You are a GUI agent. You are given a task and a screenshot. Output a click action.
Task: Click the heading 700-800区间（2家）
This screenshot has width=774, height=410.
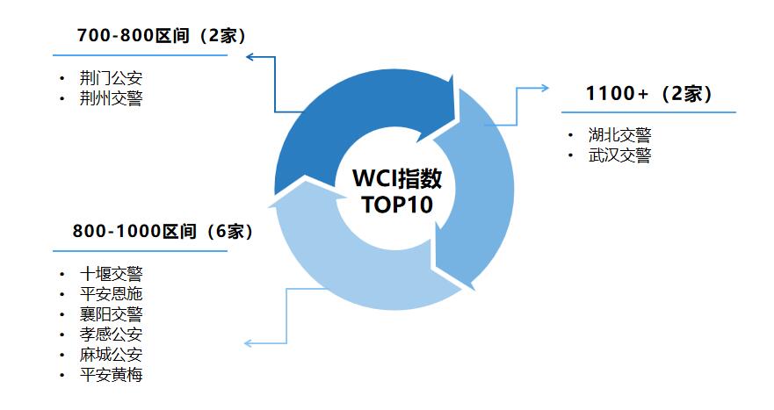click(x=162, y=36)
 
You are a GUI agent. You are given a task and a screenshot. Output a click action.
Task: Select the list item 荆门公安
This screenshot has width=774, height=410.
click(x=111, y=78)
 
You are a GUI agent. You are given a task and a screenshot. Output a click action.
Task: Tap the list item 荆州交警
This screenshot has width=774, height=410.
click(x=111, y=98)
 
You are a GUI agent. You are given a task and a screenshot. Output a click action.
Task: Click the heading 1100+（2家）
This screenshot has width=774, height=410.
click(x=649, y=93)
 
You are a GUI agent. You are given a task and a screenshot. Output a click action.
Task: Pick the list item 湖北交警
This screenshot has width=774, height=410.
click(x=619, y=134)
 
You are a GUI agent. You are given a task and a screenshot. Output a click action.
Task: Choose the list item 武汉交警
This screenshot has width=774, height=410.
click(x=619, y=155)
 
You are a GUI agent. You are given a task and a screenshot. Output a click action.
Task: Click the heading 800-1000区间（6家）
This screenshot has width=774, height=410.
click(x=163, y=231)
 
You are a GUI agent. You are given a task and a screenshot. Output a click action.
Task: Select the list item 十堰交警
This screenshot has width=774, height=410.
click(x=111, y=273)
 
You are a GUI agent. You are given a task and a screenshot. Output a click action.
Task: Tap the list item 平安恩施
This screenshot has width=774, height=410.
click(x=111, y=293)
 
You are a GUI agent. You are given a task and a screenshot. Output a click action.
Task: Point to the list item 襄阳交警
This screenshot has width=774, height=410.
click(x=111, y=313)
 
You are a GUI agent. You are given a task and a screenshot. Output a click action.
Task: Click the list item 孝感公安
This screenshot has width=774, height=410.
click(x=111, y=334)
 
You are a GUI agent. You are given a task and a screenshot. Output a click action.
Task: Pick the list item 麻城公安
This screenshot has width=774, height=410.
click(x=111, y=354)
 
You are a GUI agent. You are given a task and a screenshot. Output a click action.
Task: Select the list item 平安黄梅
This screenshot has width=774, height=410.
click(x=111, y=375)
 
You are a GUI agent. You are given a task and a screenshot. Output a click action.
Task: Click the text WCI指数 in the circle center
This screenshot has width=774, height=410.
click(x=397, y=178)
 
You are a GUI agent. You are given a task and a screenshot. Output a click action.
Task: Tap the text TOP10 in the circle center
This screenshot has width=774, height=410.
click(x=397, y=205)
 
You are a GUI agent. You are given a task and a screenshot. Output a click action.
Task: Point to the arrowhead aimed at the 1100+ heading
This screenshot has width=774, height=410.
click(x=545, y=89)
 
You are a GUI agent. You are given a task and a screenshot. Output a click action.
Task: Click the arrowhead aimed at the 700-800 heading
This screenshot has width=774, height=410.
click(x=250, y=57)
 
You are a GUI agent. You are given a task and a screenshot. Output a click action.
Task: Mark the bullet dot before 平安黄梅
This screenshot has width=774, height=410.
click(x=62, y=375)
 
